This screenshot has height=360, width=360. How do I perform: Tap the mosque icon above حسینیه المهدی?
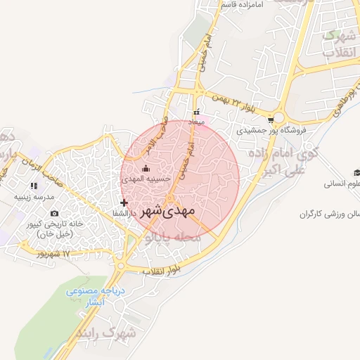point(146,168)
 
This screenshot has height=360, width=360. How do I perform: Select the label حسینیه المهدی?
point(146,179)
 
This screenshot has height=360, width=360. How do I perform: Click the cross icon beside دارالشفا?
point(124,202)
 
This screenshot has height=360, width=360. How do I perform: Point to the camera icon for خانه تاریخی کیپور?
point(55,213)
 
